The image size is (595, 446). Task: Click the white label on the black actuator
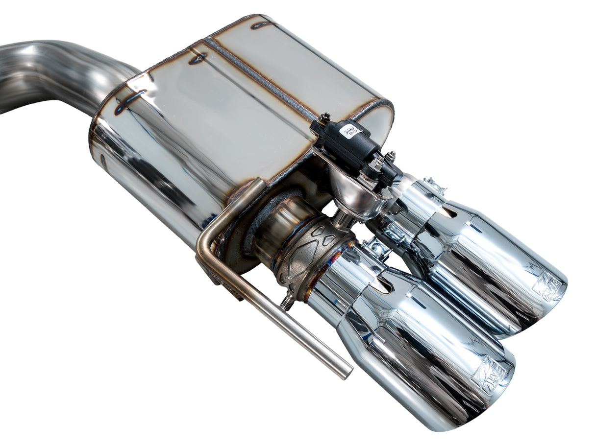coord(352,131)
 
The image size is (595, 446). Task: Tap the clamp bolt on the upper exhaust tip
coord(435,186)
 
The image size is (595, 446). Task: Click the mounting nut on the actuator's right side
coord(390,158)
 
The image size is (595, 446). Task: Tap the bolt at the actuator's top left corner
coord(324,118)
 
